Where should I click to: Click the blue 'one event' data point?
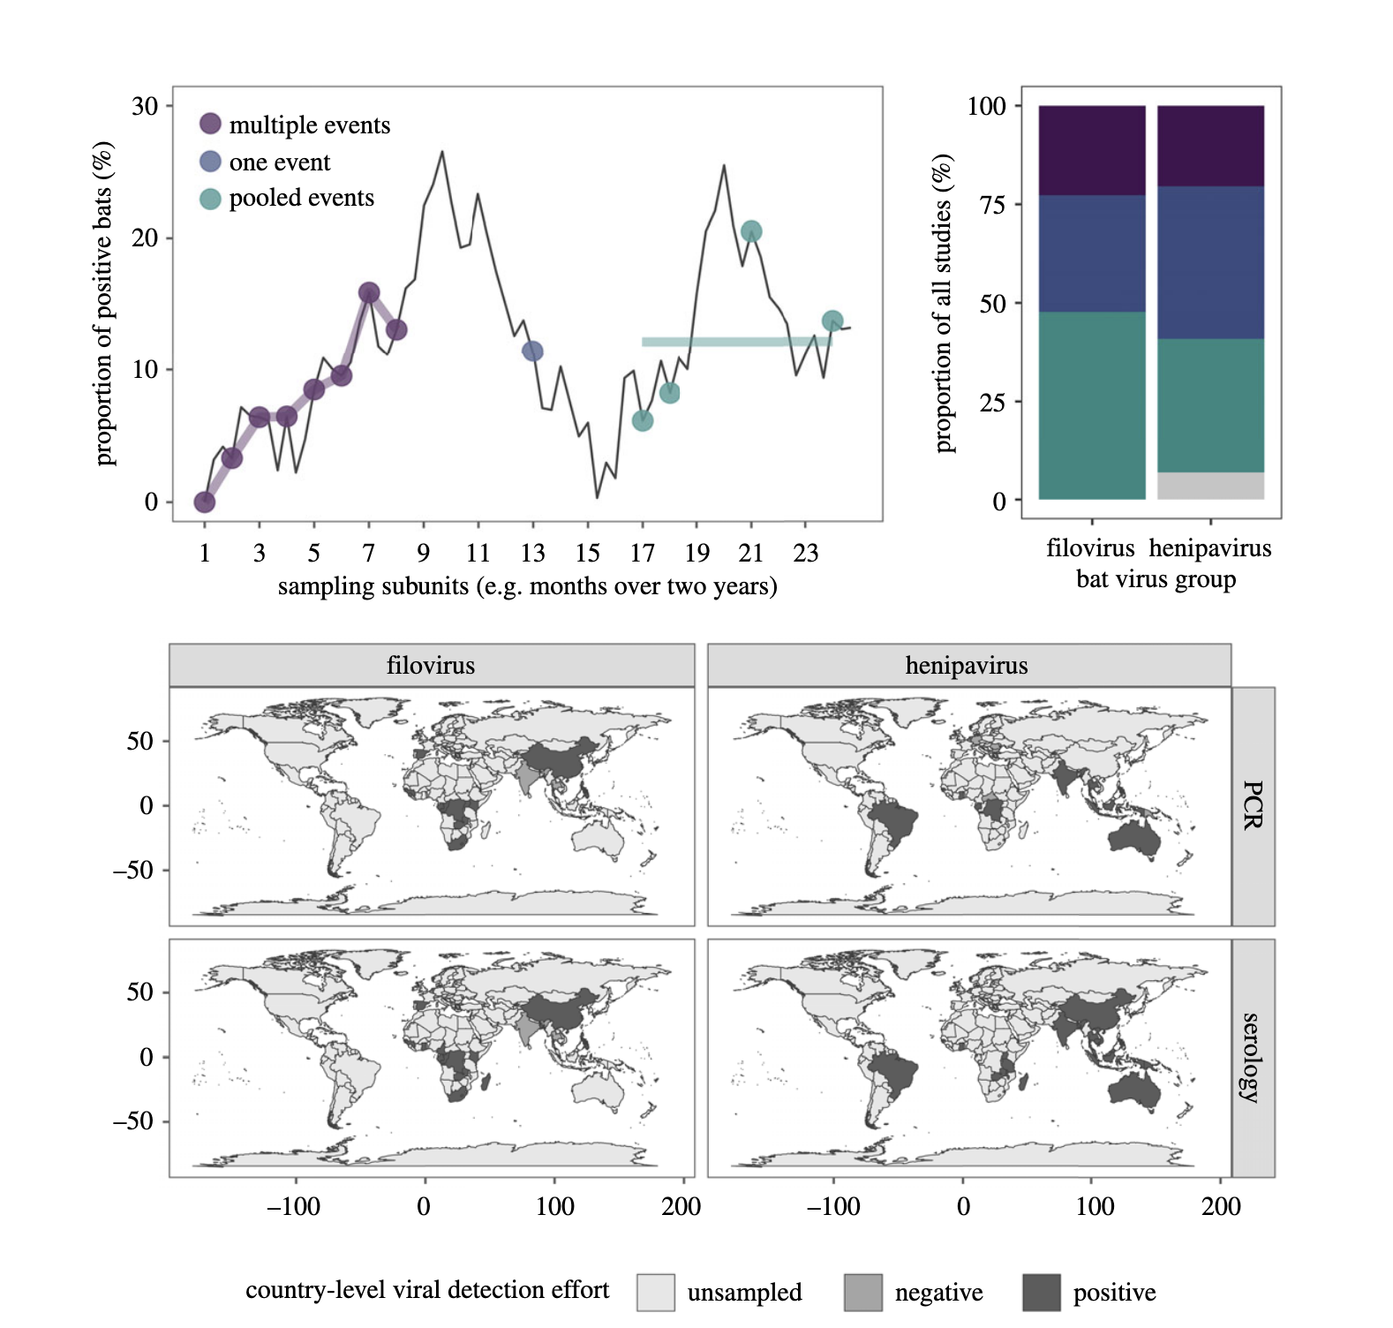pos(532,351)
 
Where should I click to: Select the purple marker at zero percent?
pos(204,502)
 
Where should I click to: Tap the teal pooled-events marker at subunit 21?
pos(751,231)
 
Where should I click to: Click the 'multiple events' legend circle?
pos(209,124)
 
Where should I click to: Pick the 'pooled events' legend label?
pos(301,198)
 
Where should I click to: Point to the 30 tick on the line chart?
pos(145,106)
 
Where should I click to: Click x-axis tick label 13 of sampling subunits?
pos(532,554)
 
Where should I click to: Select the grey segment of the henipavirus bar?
pos(1210,486)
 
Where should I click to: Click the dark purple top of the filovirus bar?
pos(1092,150)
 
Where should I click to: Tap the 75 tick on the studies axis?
pos(993,205)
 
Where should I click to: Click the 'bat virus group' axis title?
pos(1156,580)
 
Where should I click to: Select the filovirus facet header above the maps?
pos(431,665)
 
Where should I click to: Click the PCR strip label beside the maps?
pos(1253,805)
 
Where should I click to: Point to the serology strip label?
pos(1253,1057)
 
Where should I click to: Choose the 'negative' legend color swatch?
pos(862,1292)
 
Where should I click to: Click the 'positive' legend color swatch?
pos(1041,1292)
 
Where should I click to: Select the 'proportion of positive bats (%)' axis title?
pos(104,303)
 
